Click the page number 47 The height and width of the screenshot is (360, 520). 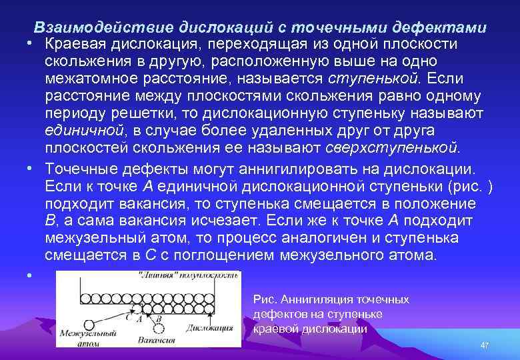[x=485, y=345]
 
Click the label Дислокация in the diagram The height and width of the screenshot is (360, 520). [x=210, y=327]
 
